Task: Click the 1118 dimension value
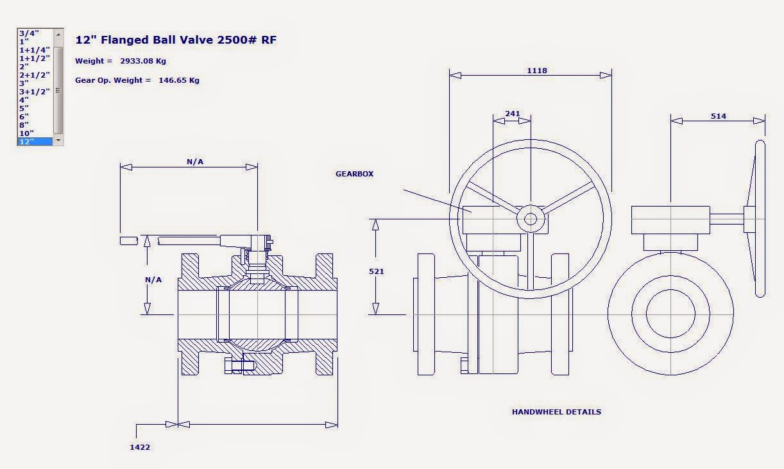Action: tap(537, 71)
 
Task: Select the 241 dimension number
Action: tap(513, 114)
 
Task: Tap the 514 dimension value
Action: tap(719, 116)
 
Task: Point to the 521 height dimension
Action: tap(377, 271)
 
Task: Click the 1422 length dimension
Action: tap(140, 447)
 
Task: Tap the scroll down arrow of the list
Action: tap(58, 140)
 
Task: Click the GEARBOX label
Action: tap(354, 174)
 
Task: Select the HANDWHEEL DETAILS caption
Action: tap(556, 412)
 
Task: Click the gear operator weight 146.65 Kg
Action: tap(179, 81)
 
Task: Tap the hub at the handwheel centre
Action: tap(530, 219)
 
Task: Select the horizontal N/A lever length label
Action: tap(195, 162)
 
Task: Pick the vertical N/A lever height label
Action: tap(153, 280)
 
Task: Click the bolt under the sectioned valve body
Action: tap(239, 366)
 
